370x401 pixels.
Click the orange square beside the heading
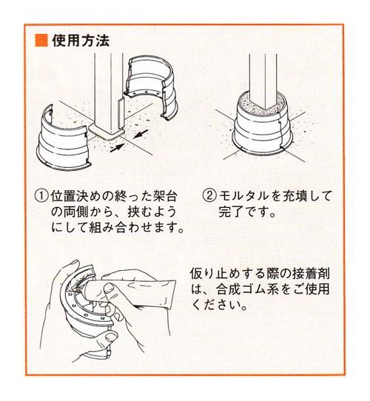pyautogui.click(x=41, y=41)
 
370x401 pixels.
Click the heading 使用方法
pyautogui.click(x=81, y=41)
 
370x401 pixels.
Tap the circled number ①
pyautogui.click(x=41, y=196)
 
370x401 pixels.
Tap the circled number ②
pyautogui.click(x=209, y=196)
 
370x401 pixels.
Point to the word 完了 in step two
pyautogui.click(x=231, y=212)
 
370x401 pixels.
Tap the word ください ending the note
pyautogui.click(x=217, y=305)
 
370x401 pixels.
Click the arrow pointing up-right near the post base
pyautogui.click(x=117, y=148)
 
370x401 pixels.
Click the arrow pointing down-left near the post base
pyautogui.click(x=140, y=134)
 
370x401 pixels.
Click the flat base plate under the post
pyautogui.click(x=106, y=131)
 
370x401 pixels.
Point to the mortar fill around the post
pyautogui.click(x=261, y=103)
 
